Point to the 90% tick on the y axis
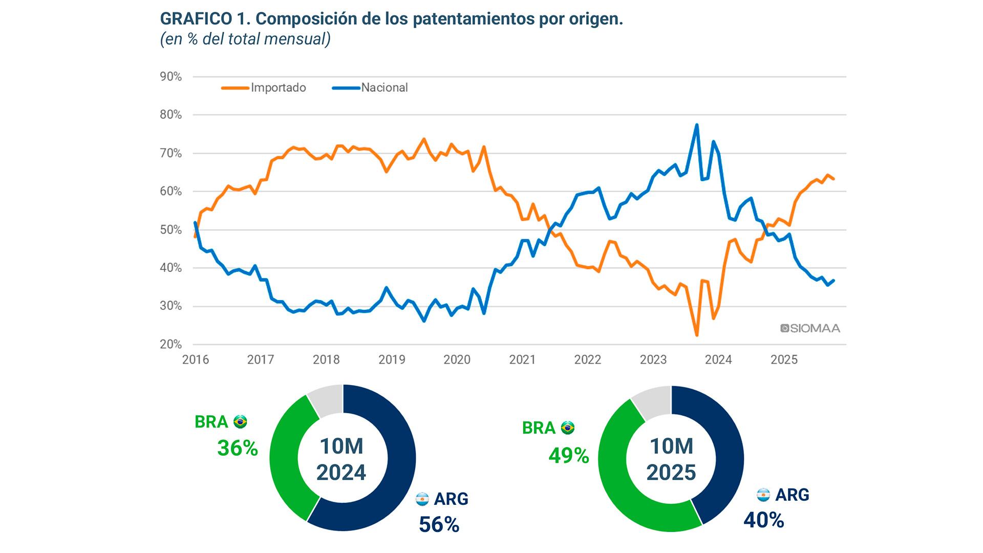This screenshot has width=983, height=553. pos(171,77)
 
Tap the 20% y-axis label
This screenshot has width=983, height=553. pos(171,344)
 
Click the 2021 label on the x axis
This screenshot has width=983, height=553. pos(522,360)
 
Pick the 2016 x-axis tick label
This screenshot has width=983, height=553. pos(196,360)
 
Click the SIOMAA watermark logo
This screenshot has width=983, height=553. pos(810,328)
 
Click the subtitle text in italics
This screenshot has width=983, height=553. pos(245,39)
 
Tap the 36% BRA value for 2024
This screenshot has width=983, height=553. pos(238,448)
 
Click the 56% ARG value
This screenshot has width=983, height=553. pos(439,524)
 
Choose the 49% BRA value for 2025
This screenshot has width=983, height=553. pos(568,455)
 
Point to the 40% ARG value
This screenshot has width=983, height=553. pos(763,520)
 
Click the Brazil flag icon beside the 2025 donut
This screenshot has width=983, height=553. pos(567,428)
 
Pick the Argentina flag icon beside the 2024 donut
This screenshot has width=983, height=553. pos(422,498)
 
